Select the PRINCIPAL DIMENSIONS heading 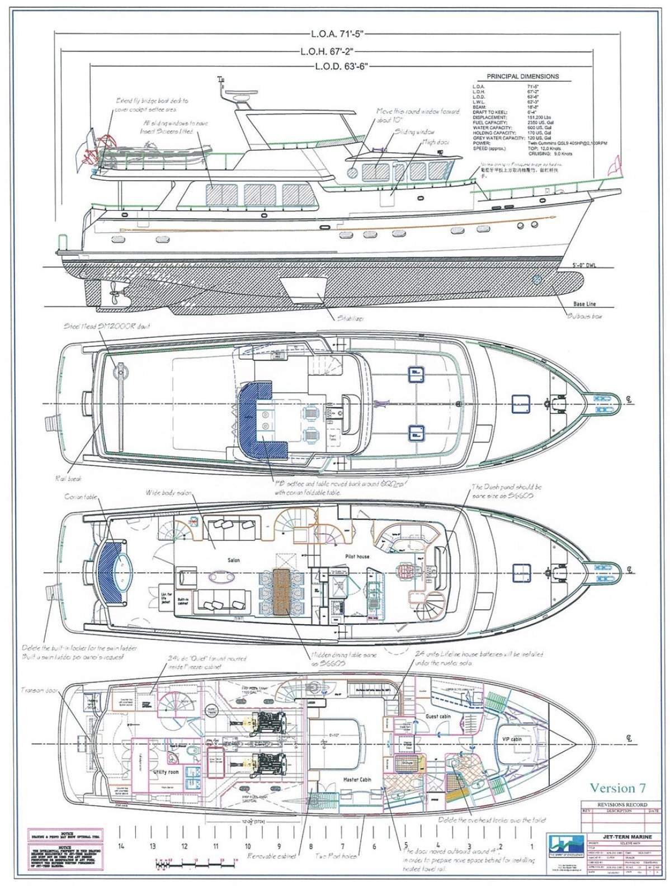point(522,77)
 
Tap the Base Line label point(584,304)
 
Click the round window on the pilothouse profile point(352,172)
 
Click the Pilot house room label point(357,557)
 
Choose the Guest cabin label point(438,717)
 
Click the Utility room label point(166,772)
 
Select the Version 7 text point(618,788)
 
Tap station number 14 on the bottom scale point(121,846)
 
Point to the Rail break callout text point(65,478)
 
